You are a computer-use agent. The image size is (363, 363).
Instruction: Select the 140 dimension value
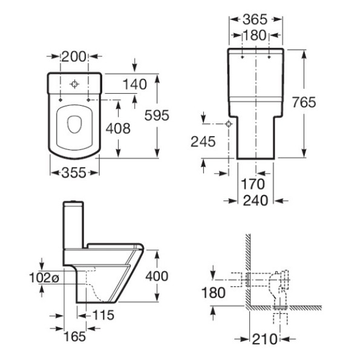[x=134, y=84]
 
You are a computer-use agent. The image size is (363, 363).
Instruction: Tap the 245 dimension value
[x=204, y=142]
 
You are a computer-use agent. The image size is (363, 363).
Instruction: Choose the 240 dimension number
[x=255, y=200]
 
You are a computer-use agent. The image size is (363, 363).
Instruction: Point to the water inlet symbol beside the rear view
[x=229, y=124]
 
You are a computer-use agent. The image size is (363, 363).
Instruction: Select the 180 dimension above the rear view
[x=255, y=36]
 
